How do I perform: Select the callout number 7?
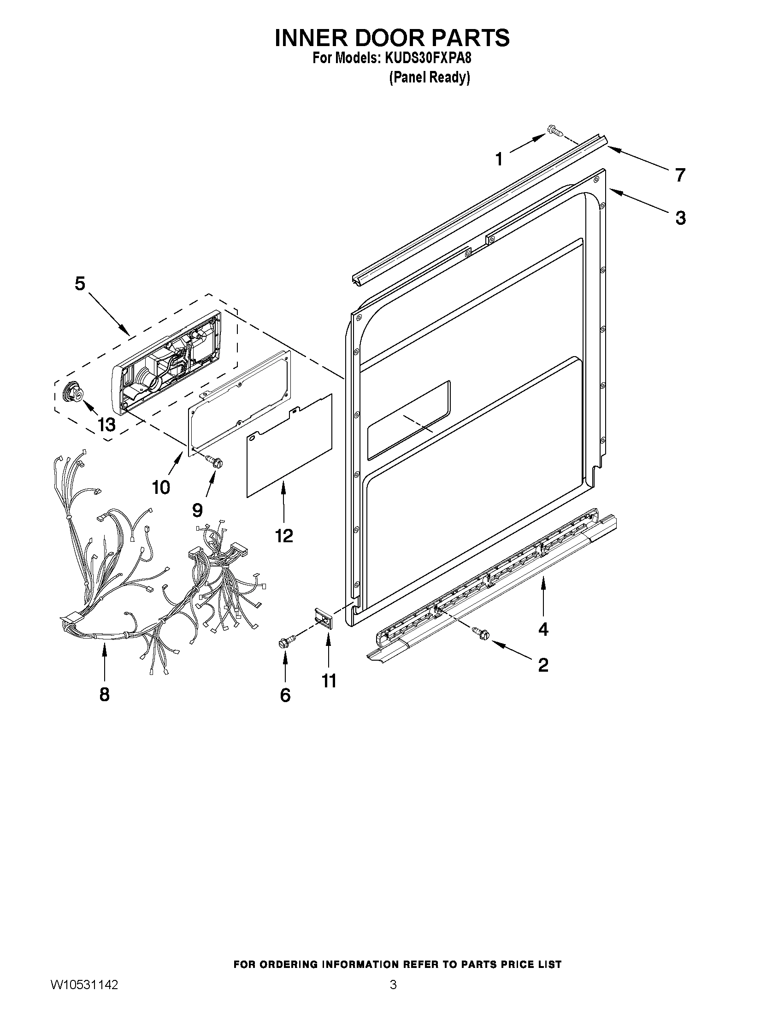(x=679, y=175)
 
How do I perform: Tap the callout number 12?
(x=284, y=536)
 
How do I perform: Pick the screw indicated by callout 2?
(x=480, y=633)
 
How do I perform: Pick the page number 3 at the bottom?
(x=393, y=997)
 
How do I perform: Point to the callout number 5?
(x=80, y=283)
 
